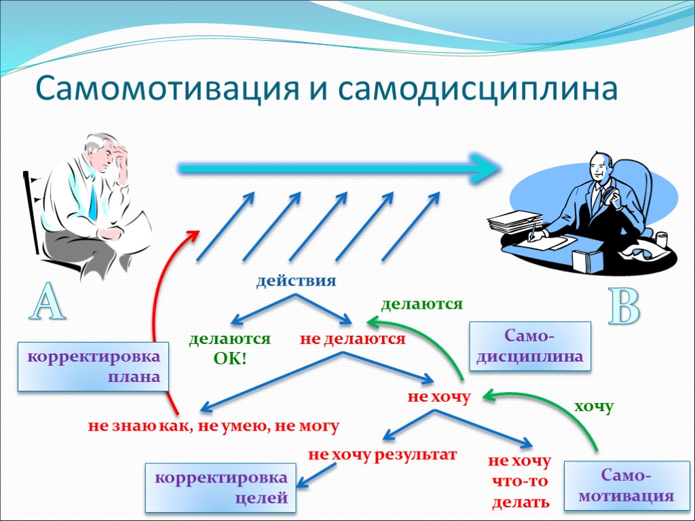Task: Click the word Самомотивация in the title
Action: [x=167, y=88]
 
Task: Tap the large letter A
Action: [x=45, y=303]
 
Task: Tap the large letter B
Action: [x=623, y=307]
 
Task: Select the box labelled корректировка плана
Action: [x=92, y=367]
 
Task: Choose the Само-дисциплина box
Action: [x=530, y=346]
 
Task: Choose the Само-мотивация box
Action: [x=626, y=486]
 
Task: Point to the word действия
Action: [x=296, y=281]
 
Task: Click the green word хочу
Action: [x=594, y=406]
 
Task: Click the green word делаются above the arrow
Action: [x=421, y=304]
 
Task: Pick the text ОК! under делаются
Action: [x=230, y=358]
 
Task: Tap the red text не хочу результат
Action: [x=383, y=455]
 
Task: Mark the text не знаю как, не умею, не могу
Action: [x=213, y=426]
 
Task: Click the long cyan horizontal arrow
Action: [x=339, y=167]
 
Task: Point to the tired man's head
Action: [x=105, y=153]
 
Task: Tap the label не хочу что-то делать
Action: [x=520, y=482]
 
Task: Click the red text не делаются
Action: [x=352, y=339]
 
